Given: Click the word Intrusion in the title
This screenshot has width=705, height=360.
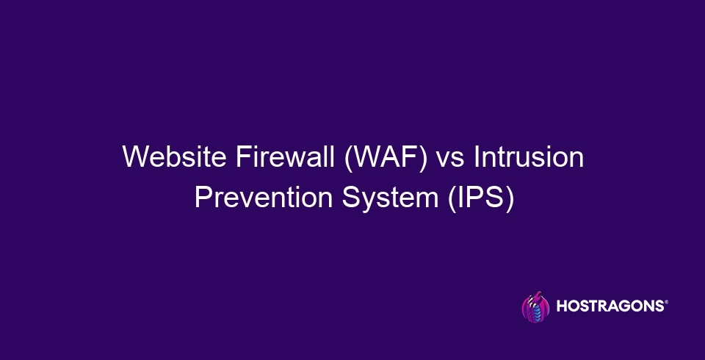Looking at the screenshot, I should [x=529, y=158].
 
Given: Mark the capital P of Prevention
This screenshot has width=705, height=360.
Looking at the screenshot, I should [x=201, y=198].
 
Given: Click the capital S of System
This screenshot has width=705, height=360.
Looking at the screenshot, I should [x=346, y=198].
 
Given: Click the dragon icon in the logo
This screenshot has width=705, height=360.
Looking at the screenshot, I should [x=535, y=307].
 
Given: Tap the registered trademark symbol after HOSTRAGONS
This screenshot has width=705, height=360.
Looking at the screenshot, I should [x=666, y=303].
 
